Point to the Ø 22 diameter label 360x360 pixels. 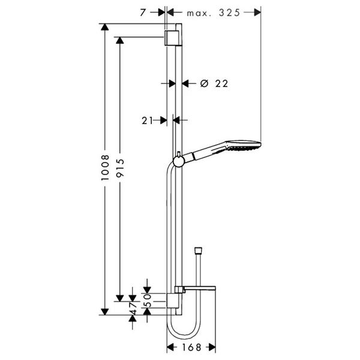pyautogui.click(x=214, y=84)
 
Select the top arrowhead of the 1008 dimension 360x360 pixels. pyautogui.click(x=106, y=27)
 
